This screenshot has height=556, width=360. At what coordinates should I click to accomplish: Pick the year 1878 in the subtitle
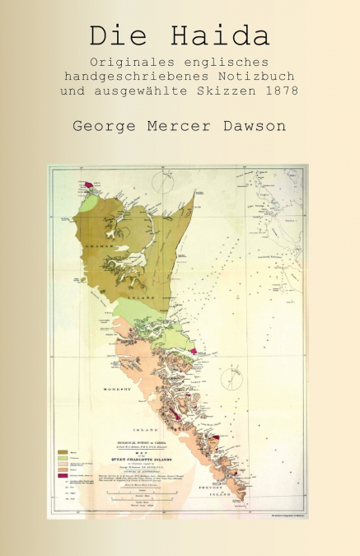(x=282, y=91)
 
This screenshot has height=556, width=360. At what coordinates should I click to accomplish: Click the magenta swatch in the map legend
(x=63, y=476)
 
